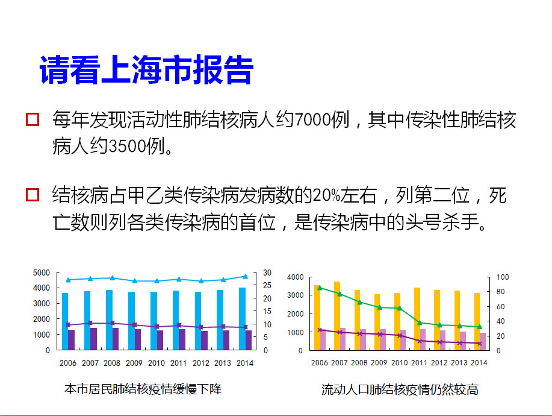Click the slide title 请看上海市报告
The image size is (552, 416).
146,71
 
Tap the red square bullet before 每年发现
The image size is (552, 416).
33,119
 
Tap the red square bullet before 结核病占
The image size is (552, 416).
33,195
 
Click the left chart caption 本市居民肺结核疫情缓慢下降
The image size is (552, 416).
143,389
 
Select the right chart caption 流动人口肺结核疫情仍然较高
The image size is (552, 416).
400,389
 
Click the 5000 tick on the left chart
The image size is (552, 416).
41,273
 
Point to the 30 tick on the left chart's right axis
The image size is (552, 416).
267,273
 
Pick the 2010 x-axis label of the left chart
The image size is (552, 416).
157,363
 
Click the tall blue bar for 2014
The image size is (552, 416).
242,318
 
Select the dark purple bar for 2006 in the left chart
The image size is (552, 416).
72,339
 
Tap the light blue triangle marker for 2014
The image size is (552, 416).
245,276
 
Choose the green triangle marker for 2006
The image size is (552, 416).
320,288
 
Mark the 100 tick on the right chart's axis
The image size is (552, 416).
503,277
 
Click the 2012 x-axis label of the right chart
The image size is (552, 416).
439,363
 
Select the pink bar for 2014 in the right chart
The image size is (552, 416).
483,341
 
